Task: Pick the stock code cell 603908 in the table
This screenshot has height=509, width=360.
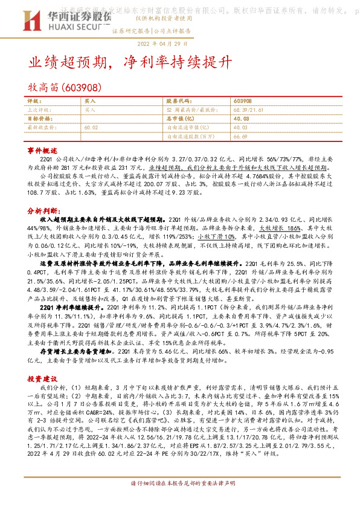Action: pos(242,102)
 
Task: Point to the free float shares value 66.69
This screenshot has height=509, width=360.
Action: pos(240,137)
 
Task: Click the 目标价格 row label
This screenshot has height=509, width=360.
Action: pos(39,119)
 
